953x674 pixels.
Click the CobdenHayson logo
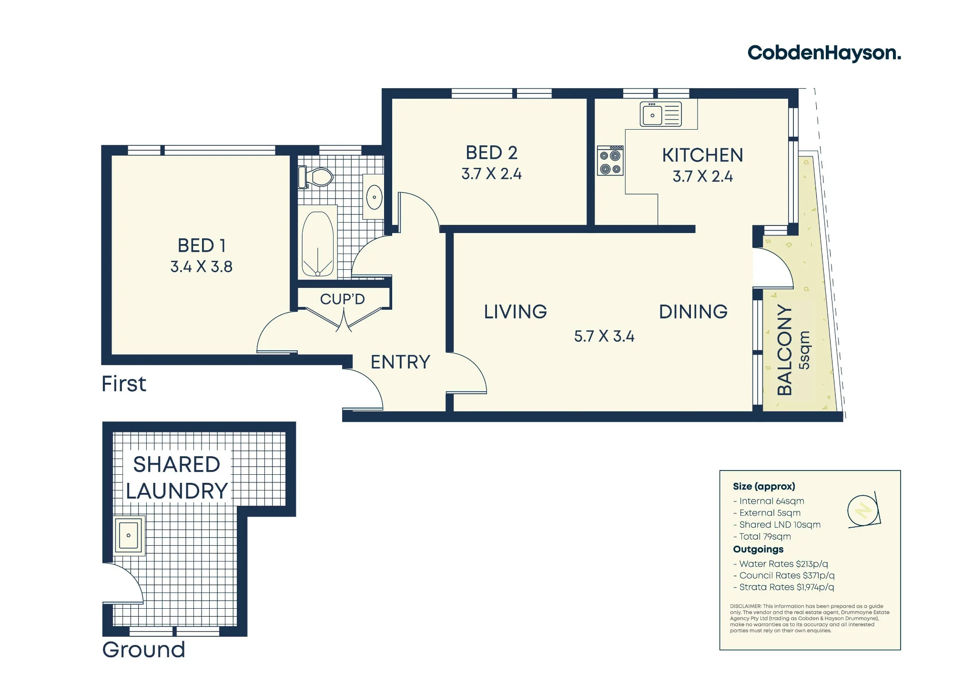[x=824, y=53]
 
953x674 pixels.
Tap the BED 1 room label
[x=202, y=245]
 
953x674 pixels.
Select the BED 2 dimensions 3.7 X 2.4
[x=491, y=174]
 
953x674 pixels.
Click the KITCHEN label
[x=702, y=155]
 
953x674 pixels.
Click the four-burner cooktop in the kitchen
[x=610, y=161]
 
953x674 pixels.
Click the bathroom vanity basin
[x=374, y=197]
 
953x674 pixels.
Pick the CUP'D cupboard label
[x=342, y=299]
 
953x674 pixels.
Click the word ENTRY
[x=400, y=362]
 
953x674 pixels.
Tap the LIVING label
[x=515, y=312]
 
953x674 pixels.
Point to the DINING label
[x=693, y=312]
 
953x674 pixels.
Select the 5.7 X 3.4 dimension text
[x=604, y=337]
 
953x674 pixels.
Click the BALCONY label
[x=784, y=350]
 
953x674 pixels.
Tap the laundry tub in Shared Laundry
[x=129, y=535]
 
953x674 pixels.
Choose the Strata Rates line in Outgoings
[x=784, y=587]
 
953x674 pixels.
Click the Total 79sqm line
[x=762, y=537]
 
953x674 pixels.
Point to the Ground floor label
[x=143, y=650]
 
